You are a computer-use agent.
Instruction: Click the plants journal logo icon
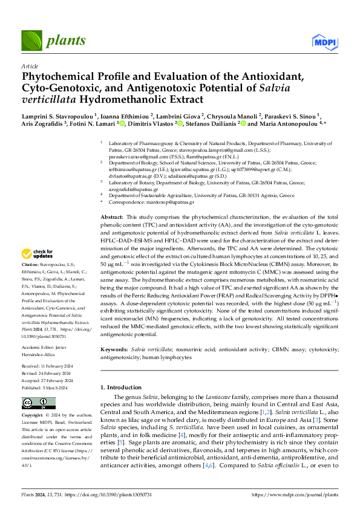coord(30,41)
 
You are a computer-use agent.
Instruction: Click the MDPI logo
coord(323,41)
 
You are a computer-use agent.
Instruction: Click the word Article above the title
coord(30,66)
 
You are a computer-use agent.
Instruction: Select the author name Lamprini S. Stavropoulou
coord(57,115)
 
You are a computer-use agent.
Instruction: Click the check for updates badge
coord(39,270)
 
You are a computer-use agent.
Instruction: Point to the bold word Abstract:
coord(111,216)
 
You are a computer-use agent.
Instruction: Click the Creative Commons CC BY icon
coord(39,403)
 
